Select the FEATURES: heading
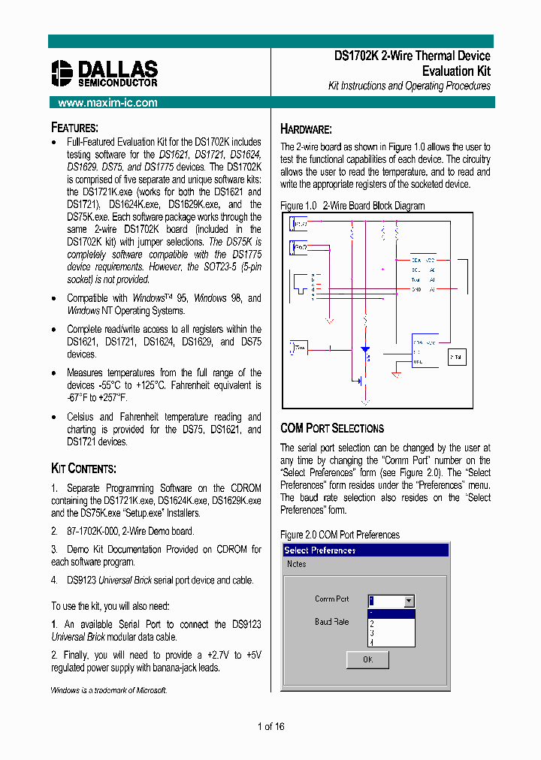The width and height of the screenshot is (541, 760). (74, 128)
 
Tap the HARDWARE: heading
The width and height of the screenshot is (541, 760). (306, 129)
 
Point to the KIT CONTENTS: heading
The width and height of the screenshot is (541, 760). (83, 469)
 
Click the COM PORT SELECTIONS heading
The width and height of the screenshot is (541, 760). (331, 428)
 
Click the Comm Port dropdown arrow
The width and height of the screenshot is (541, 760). (408, 601)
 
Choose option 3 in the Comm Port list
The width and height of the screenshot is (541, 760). (372, 633)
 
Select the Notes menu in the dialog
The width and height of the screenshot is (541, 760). (296, 564)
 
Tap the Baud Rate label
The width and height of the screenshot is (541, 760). (331, 622)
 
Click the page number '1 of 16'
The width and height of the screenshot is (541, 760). (270, 726)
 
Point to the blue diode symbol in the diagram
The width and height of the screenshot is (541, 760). (365, 350)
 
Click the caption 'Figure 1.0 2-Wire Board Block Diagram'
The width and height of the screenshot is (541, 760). (352, 206)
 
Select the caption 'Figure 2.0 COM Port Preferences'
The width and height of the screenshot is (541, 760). (340, 535)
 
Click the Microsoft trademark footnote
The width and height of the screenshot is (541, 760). (109, 690)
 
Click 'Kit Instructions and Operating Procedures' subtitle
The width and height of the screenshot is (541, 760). (409, 86)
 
